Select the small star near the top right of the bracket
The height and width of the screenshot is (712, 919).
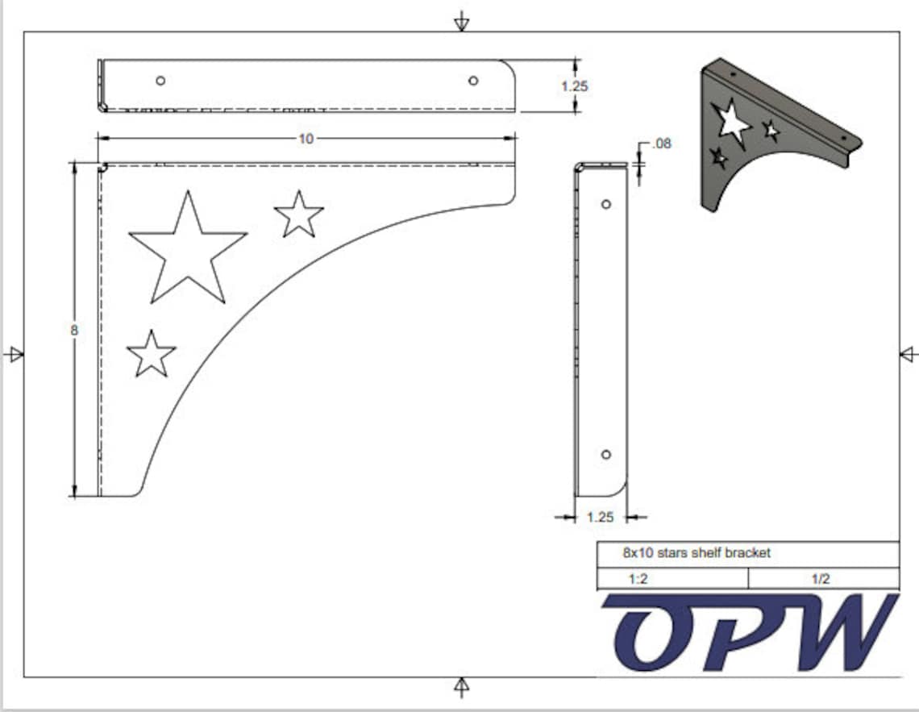299,215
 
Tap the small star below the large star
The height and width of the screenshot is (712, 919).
152,354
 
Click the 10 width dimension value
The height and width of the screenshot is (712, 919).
306,139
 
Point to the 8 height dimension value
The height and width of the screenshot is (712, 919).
74,330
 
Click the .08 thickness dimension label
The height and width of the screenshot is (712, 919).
660,144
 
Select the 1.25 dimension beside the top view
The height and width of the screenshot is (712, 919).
574,86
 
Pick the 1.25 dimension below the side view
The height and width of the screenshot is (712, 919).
600,518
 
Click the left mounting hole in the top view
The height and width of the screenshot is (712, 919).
160,80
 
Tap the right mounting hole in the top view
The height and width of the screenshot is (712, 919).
473,80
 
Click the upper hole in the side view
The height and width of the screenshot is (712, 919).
606,204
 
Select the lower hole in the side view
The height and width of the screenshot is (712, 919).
606,455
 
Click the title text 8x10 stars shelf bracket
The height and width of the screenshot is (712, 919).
697,553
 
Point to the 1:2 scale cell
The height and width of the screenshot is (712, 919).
638,579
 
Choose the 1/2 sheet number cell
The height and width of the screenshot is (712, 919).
821,579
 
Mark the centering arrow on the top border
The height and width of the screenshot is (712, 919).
461,21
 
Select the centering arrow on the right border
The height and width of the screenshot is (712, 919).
909,353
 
